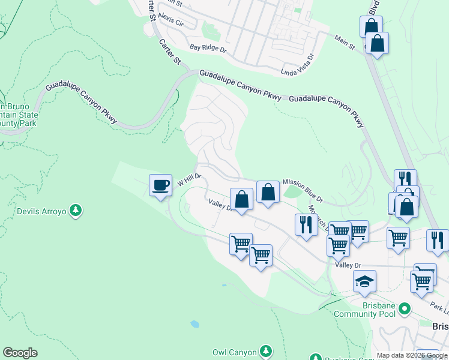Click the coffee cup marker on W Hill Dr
point(160,186)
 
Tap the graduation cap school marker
point(364,281)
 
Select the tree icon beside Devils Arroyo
point(76,211)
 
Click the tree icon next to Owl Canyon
point(266,352)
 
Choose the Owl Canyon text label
point(235,353)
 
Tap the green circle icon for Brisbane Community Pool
point(405,309)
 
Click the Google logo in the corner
point(20,353)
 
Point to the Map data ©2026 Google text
point(412,355)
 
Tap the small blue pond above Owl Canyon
point(194,324)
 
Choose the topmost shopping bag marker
point(371,26)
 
